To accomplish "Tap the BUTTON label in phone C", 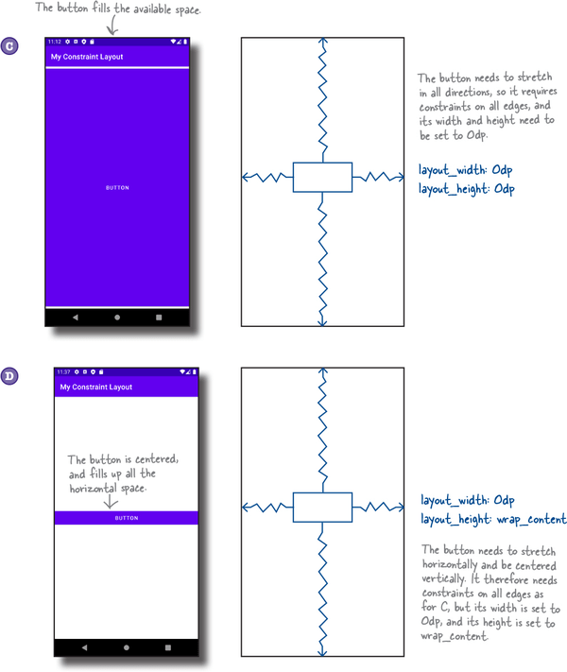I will click(117, 188).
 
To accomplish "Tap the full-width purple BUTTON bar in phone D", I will click(127, 518).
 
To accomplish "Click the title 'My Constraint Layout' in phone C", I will click(87, 57).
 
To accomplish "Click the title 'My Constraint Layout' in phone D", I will click(95, 388).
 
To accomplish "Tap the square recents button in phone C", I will click(159, 318).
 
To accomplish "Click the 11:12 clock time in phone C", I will click(55, 43).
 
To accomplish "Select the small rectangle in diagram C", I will click(322, 177).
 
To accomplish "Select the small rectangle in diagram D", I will click(322, 508).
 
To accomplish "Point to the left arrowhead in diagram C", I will click(246, 177).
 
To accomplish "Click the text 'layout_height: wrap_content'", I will click(492, 520).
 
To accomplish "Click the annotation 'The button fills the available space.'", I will click(119, 9).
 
